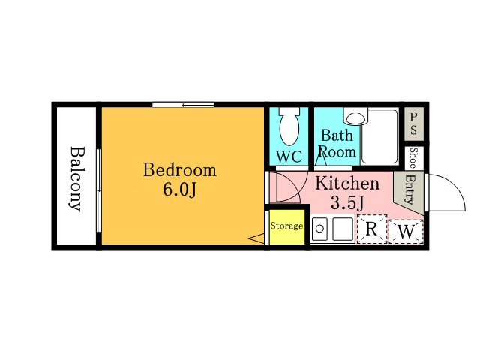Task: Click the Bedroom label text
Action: pos(180,170)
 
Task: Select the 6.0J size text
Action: pos(179,190)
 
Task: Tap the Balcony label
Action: pos(76,179)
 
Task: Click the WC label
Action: pos(289,157)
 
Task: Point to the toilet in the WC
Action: pos(289,126)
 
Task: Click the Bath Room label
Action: pos(337,144)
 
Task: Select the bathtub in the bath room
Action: pos(379,136)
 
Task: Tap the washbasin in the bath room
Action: pos(355,116)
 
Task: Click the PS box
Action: pos(414,124)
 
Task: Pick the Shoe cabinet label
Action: pos(413,158)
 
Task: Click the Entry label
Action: pos(409,189)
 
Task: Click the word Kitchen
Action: pos(347,183)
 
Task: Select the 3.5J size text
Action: pos(347,202)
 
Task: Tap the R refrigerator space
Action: pos(372,229)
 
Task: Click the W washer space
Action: pos(406,232)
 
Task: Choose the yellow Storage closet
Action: pos(287,226)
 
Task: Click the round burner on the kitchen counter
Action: pos(319,229)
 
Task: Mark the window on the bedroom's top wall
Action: pos(183,105)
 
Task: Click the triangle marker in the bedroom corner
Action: pos(256,238)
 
